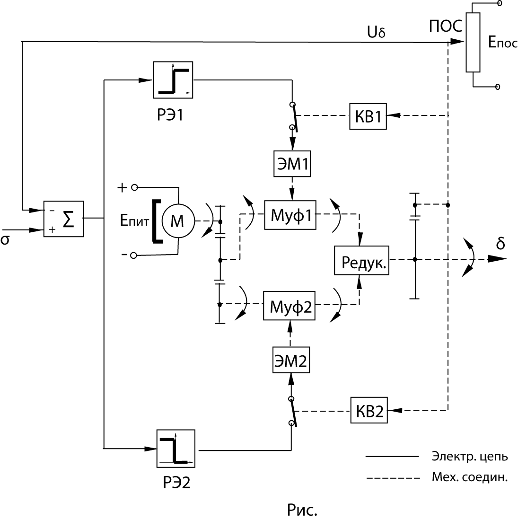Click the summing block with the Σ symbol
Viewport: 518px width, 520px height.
click(x=63, y=219)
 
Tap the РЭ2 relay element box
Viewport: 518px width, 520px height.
click(x=176, y=448)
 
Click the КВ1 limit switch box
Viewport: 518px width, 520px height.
click(x=369, y=115)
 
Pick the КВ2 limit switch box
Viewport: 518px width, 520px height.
click(x=369, y=411)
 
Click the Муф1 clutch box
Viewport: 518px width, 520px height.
click(x=290, y=215)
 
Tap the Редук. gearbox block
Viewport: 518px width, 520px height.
click(x=361, y=260)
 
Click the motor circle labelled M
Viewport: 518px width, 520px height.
click(x=177, y=221)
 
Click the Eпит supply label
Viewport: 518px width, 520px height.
click(x=133, y=221)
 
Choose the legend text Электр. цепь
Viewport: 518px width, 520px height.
click(x=470, y=457)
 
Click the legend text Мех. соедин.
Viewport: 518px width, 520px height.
click(x=469, y=477)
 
